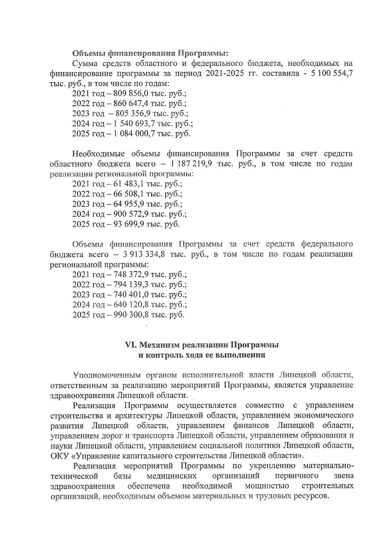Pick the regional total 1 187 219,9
tap(191, 164)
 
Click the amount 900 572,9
tap(130, 214)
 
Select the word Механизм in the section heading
tap(160, 345)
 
